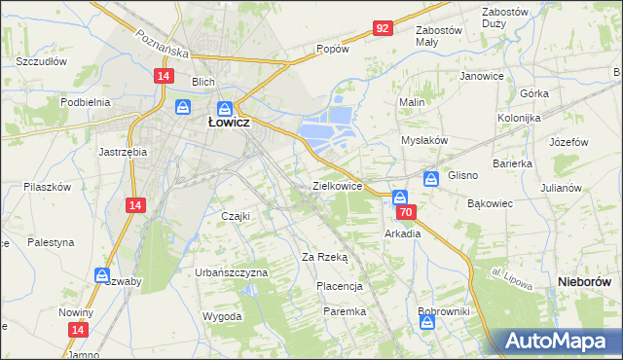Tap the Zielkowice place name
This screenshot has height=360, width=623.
click(x=338, y=185)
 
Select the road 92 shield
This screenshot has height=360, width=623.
click(x=382, y=28)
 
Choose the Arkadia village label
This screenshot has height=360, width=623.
click(x=403, y=234)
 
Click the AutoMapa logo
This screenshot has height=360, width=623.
click(x=562, y=341)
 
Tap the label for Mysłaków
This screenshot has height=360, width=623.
click(x=424, y=140)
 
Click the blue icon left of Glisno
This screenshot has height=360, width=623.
click(x=430, y=178)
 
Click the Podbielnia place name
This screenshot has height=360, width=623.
click(x=85, y=101)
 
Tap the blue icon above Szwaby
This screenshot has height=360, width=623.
click(x=101, y=276)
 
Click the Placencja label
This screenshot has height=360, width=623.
click(x=340, y=286)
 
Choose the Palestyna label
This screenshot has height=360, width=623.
click(x=51, y=241)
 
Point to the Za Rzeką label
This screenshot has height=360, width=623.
click(x=324, y=257)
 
